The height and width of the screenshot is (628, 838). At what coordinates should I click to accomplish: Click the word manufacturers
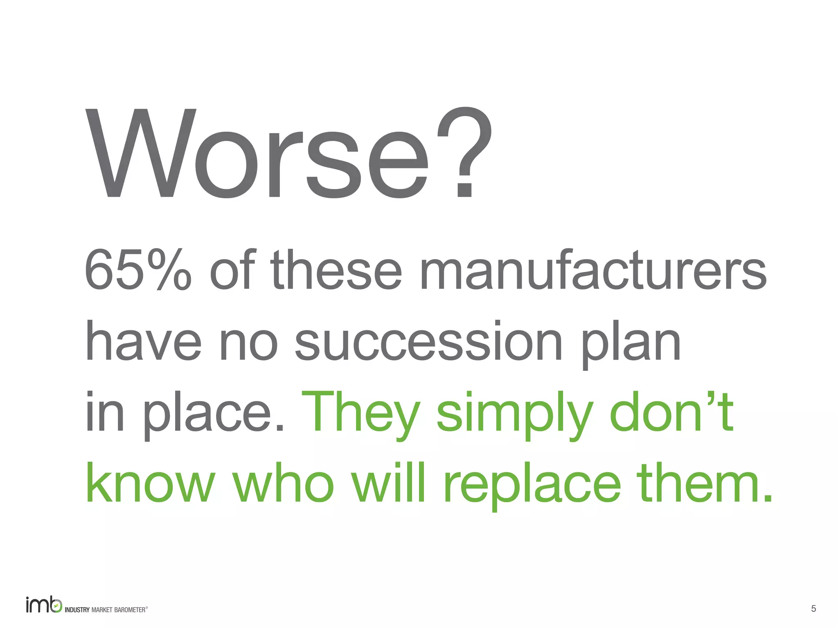pyautogui.click(x=593, y=270)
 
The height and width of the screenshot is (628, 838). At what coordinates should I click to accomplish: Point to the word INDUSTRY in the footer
pyautogui.click(x=77, y=610)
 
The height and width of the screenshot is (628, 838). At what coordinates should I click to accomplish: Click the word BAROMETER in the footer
pyautogui.click(x=130, y=610)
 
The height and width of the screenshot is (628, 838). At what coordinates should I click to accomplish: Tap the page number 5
pyautogui.click(x=813, y=609)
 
